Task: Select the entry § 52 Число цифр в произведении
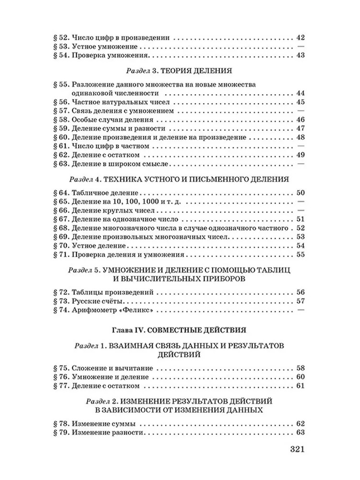click(114, 37)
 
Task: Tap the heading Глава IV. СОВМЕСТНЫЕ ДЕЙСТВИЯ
click(179, 330)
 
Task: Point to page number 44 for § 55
click(301, 93)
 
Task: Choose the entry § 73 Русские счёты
click(91, 301)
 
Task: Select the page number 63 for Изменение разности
click(301, 432)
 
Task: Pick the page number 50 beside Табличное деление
click(301, 193)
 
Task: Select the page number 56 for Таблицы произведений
click(301, 292)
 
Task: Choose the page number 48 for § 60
click(301, 137)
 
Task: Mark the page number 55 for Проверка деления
click(301, 254)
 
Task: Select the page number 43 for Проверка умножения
click(301, 55)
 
